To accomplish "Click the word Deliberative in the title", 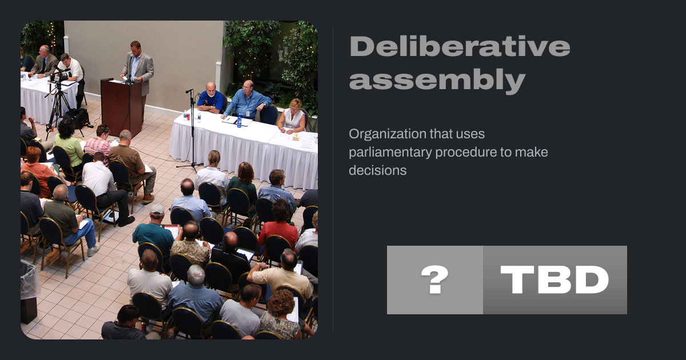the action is point(460,46).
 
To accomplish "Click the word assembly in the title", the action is point(437,81).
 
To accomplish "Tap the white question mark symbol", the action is point(434,279).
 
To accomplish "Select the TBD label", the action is point(555,279).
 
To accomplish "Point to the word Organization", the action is point(388,134).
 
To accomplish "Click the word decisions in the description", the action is point(378,170).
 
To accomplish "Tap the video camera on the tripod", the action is point(61,75).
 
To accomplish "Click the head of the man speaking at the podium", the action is point(135,47).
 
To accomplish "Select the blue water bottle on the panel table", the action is point(239,121).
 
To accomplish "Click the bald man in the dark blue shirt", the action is point(211,98).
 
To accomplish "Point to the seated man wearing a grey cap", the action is point(155,230).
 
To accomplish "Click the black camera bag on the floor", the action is point(78,118).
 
